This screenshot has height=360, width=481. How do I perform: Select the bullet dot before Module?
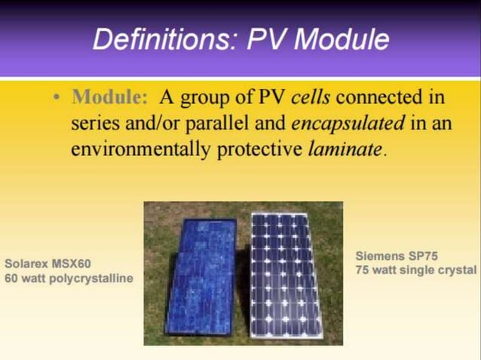point(58,98)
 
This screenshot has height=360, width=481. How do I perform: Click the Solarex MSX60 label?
point(47,265)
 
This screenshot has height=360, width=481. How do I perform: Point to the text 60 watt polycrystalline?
point(69,279)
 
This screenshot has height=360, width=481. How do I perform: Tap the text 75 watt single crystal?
point(415,269)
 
